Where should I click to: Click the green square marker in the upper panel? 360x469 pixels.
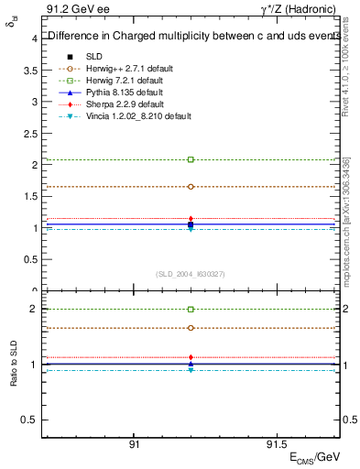coord(191,159)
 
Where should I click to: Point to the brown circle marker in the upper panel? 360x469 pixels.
coord(191,186)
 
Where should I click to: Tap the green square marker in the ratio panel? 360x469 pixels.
coord(191,310)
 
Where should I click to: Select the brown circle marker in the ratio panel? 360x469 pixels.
coord(191,328)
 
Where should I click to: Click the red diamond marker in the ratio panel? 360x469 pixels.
coord(191,357)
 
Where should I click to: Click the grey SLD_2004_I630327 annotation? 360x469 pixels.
coord(191,274)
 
